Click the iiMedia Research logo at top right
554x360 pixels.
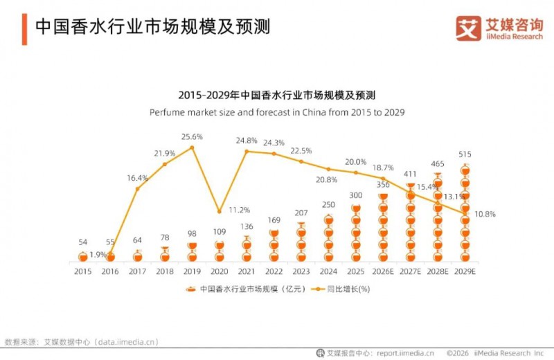[x=499, y=28]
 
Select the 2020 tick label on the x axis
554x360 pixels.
[x=219, y=271]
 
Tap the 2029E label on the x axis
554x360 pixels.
[x=465, y=271]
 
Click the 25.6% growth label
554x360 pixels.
[x=192, y=136]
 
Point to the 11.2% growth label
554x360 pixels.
[x=239, y=210]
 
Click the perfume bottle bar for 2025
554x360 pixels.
[x=356, y=232]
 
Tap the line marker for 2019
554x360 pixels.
[x=192, y=147]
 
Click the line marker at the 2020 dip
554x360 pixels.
[x=219, y=211]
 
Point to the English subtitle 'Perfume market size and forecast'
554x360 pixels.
[x=277, y=111]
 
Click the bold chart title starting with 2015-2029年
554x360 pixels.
[x=277, y=95]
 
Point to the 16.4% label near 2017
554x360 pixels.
[x=137, y=178]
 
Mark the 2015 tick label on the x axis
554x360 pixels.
[x=82, y=271]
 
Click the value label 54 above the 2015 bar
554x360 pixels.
[x=82, y=242]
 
